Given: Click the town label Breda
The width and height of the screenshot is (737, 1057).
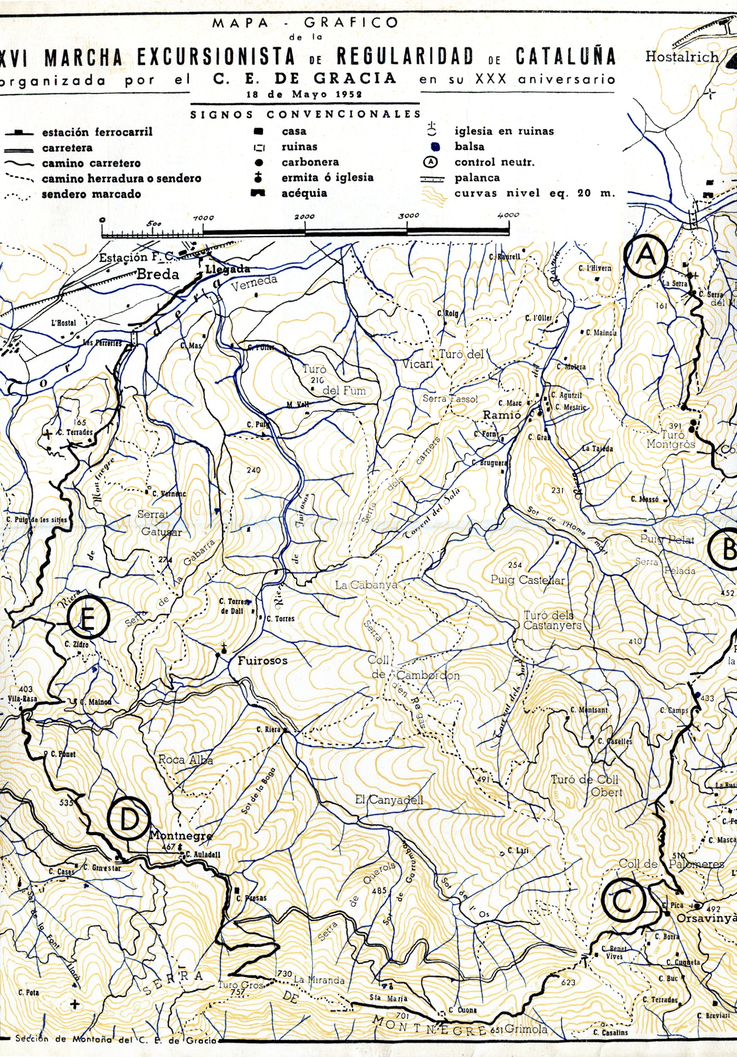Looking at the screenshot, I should pos(158,275).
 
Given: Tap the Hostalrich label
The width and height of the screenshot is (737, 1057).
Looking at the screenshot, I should pos(681,57).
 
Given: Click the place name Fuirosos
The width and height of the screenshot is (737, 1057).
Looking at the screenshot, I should pos(263,661).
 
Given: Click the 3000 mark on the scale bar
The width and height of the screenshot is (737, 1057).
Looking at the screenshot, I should pos(409,215).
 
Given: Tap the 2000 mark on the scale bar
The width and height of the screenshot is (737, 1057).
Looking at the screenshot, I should pos(305,216).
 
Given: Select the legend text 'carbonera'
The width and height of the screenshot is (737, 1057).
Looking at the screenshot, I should pos(310,162).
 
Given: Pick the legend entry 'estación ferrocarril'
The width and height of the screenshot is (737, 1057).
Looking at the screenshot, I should pos(97,132).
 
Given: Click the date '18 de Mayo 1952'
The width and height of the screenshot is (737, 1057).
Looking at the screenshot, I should pos(304,94).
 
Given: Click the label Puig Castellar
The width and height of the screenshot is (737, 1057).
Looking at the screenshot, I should pos(528,580).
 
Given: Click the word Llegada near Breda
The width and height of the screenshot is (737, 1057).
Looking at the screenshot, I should pos(227,269).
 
